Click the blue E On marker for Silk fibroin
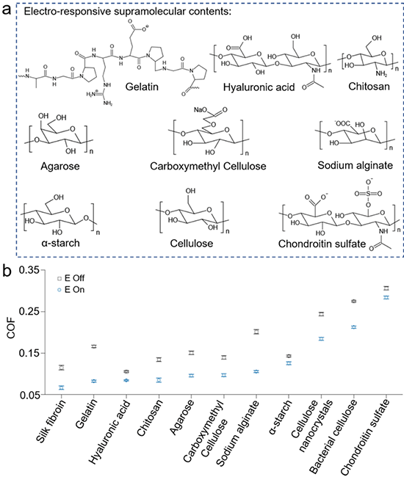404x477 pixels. click(x=62, y=387)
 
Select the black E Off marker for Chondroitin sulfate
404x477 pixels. click(x=386, y=288)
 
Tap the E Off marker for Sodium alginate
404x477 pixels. click(x=256, y=332)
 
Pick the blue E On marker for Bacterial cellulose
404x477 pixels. click(x=354, y=327)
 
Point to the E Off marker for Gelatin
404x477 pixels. click(x=94, y=346)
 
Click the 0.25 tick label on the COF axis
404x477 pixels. click(x=29, y=311)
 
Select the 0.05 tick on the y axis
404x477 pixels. click(x=29, y=395)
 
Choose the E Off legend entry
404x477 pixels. click(x=71, y=278)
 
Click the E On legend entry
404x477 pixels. click(x=71, y=290)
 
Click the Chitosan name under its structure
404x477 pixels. click(x=369, y=87)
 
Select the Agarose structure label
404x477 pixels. click(x=60, y=166)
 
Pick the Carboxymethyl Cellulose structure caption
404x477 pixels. click(x=208, y=166)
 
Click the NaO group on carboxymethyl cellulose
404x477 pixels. click(x=201, y=109)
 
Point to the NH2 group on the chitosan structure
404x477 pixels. click(x=381, y=73)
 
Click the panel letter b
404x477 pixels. click(x=7, y=271)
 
